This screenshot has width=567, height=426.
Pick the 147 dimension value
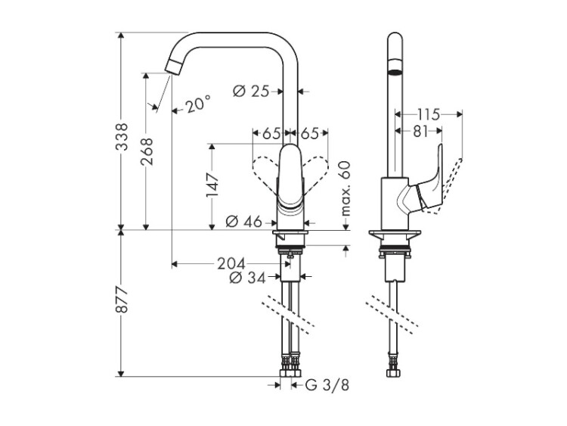pyautogui.click(x=213, y=185)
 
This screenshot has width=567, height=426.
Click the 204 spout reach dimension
pyautogui.click(x=231, y=263)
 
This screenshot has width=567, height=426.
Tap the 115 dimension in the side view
pyautogui.click(x=428, y=115)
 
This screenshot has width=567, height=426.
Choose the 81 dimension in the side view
pyautogui.click(x=421, y=131)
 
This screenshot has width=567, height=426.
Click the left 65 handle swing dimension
pyautogui.click(x=271, y=133)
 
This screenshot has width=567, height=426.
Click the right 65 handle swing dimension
pyautogui.click(x=310, y=133)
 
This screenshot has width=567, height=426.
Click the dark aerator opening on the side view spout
pyautogui.click(x=394, y=73)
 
